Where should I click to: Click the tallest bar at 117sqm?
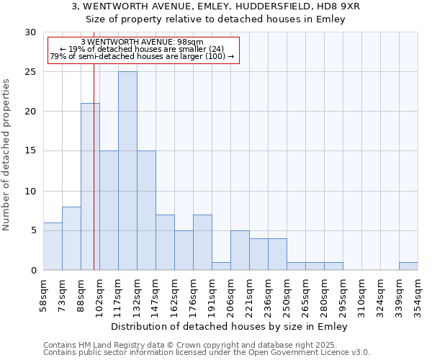pos(127,171)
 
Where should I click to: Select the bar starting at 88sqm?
pos(90,186)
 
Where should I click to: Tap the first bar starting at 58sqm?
pos(53,246)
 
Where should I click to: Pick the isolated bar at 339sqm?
pos(408,266)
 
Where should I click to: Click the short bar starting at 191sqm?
pos(221,266)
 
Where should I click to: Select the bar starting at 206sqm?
pos(240,251)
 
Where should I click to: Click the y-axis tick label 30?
pos(30,32)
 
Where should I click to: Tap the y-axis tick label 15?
pos(30,151)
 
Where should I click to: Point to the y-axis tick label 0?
pos(33,271)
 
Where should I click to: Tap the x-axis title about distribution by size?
pos(230,327)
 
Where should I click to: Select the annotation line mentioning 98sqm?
pos(142,42)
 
